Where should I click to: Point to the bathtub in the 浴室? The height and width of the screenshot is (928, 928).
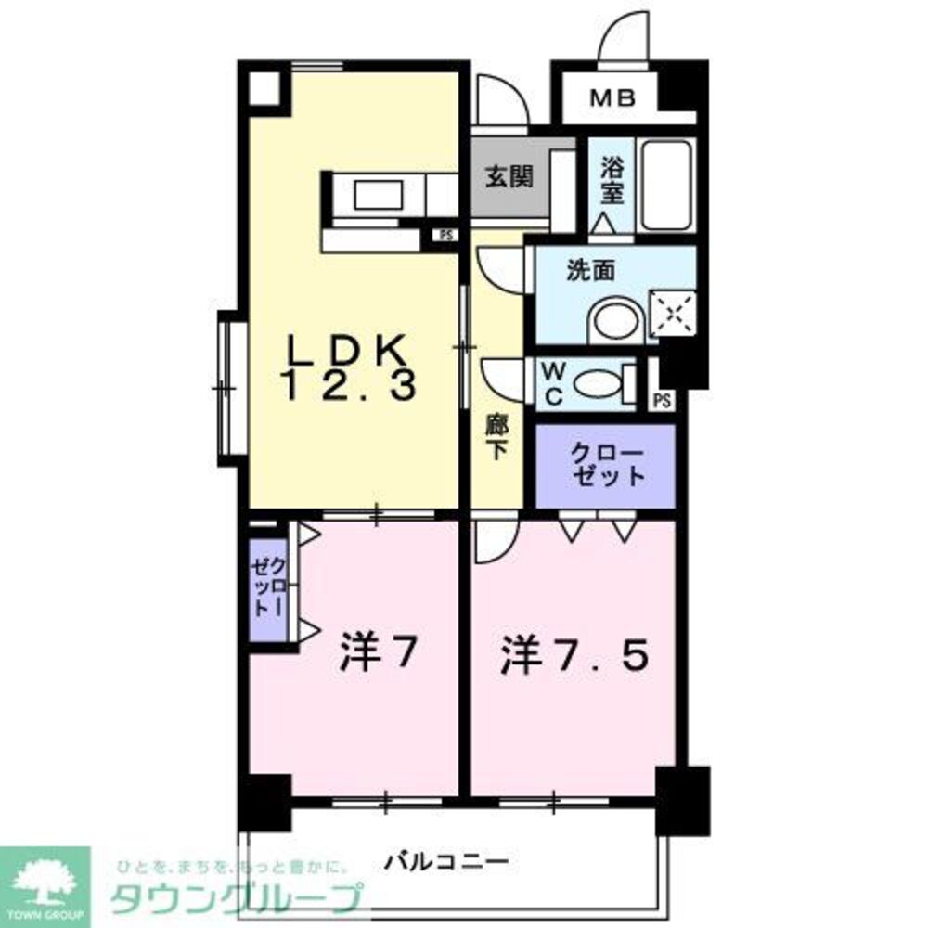[x=667, y=186]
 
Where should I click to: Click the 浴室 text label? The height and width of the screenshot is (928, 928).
[x=612, y=182]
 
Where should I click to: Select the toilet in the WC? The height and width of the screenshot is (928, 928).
[x=599, y=382]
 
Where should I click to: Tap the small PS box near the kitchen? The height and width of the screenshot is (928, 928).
[x=446, y=235]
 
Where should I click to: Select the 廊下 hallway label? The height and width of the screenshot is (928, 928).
[x=496, y=438]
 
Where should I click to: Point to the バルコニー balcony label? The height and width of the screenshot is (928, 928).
[x=447, y=863]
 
